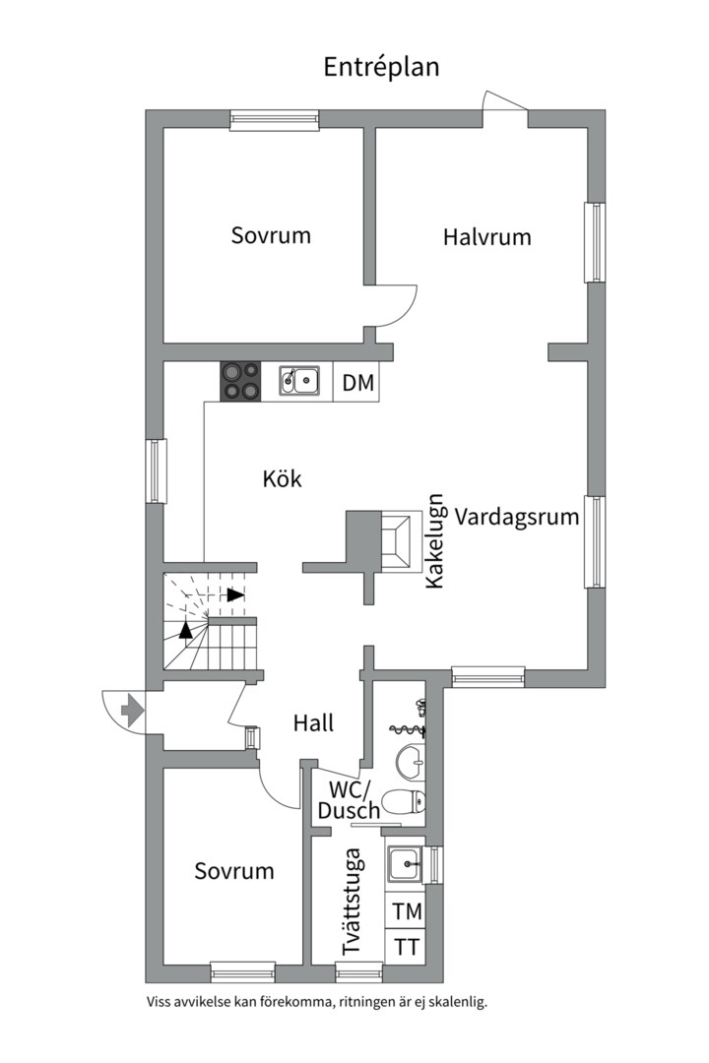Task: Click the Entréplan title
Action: click(x=381, y=68)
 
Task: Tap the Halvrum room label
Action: click(x=487, y=237)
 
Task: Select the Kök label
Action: click(x=283, y=478)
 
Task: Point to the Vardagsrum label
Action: click(x=516, y=518)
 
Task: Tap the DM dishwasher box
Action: click(x=356, y=382)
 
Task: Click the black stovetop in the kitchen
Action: click(x=240, y=382)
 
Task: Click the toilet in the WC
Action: click(x=403, y=803)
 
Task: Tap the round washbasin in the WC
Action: click(x=411, y=761)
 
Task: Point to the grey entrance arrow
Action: click(x=131, y=711)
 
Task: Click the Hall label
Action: click(x=313, y=722)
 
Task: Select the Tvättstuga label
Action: click(x=352, y=902)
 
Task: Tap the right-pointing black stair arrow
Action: click(x=235, y=595)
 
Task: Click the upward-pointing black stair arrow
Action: click(x=185, y=630)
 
